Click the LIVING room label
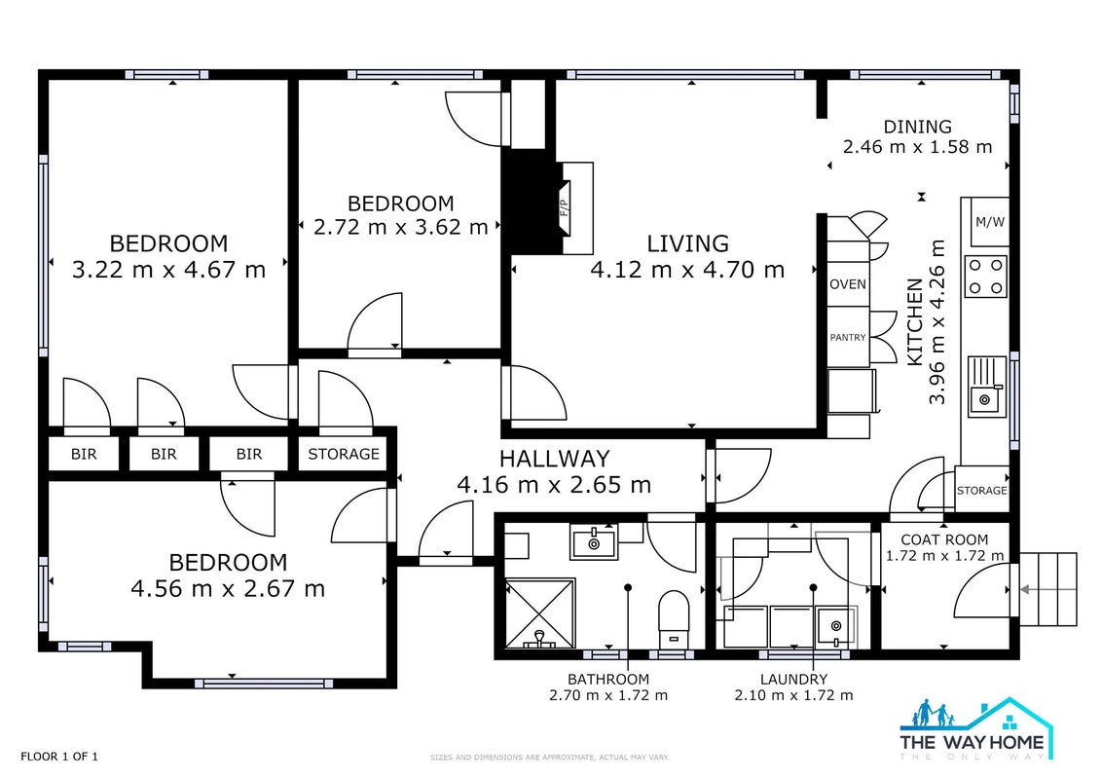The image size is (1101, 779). click(x=687, y=243)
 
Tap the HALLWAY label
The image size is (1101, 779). click(x=554, y=459)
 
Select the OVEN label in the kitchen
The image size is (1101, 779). click(x=848, y=284)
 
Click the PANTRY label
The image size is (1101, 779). click(x=848, y=337)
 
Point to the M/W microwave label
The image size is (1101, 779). click(x=989, y=222)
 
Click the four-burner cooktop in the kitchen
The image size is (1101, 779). click(x=986, y=276)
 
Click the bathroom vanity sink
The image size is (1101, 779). click(x=593, y=541)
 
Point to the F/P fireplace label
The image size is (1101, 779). click(x=563, y=208)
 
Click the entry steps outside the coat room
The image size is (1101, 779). click(x=1047, y=589)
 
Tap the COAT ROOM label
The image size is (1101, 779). click(x=944, y=539)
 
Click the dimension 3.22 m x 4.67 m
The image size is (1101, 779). click(x=168, y=270)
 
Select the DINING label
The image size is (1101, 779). click(x=917, y=127)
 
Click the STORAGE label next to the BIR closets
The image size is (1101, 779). click(x=344, y=454)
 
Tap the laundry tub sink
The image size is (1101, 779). click(x=835, y=626)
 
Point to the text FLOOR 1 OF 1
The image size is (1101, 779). click(x=59, y=757)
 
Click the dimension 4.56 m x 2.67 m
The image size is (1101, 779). click(x=228, y=589)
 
